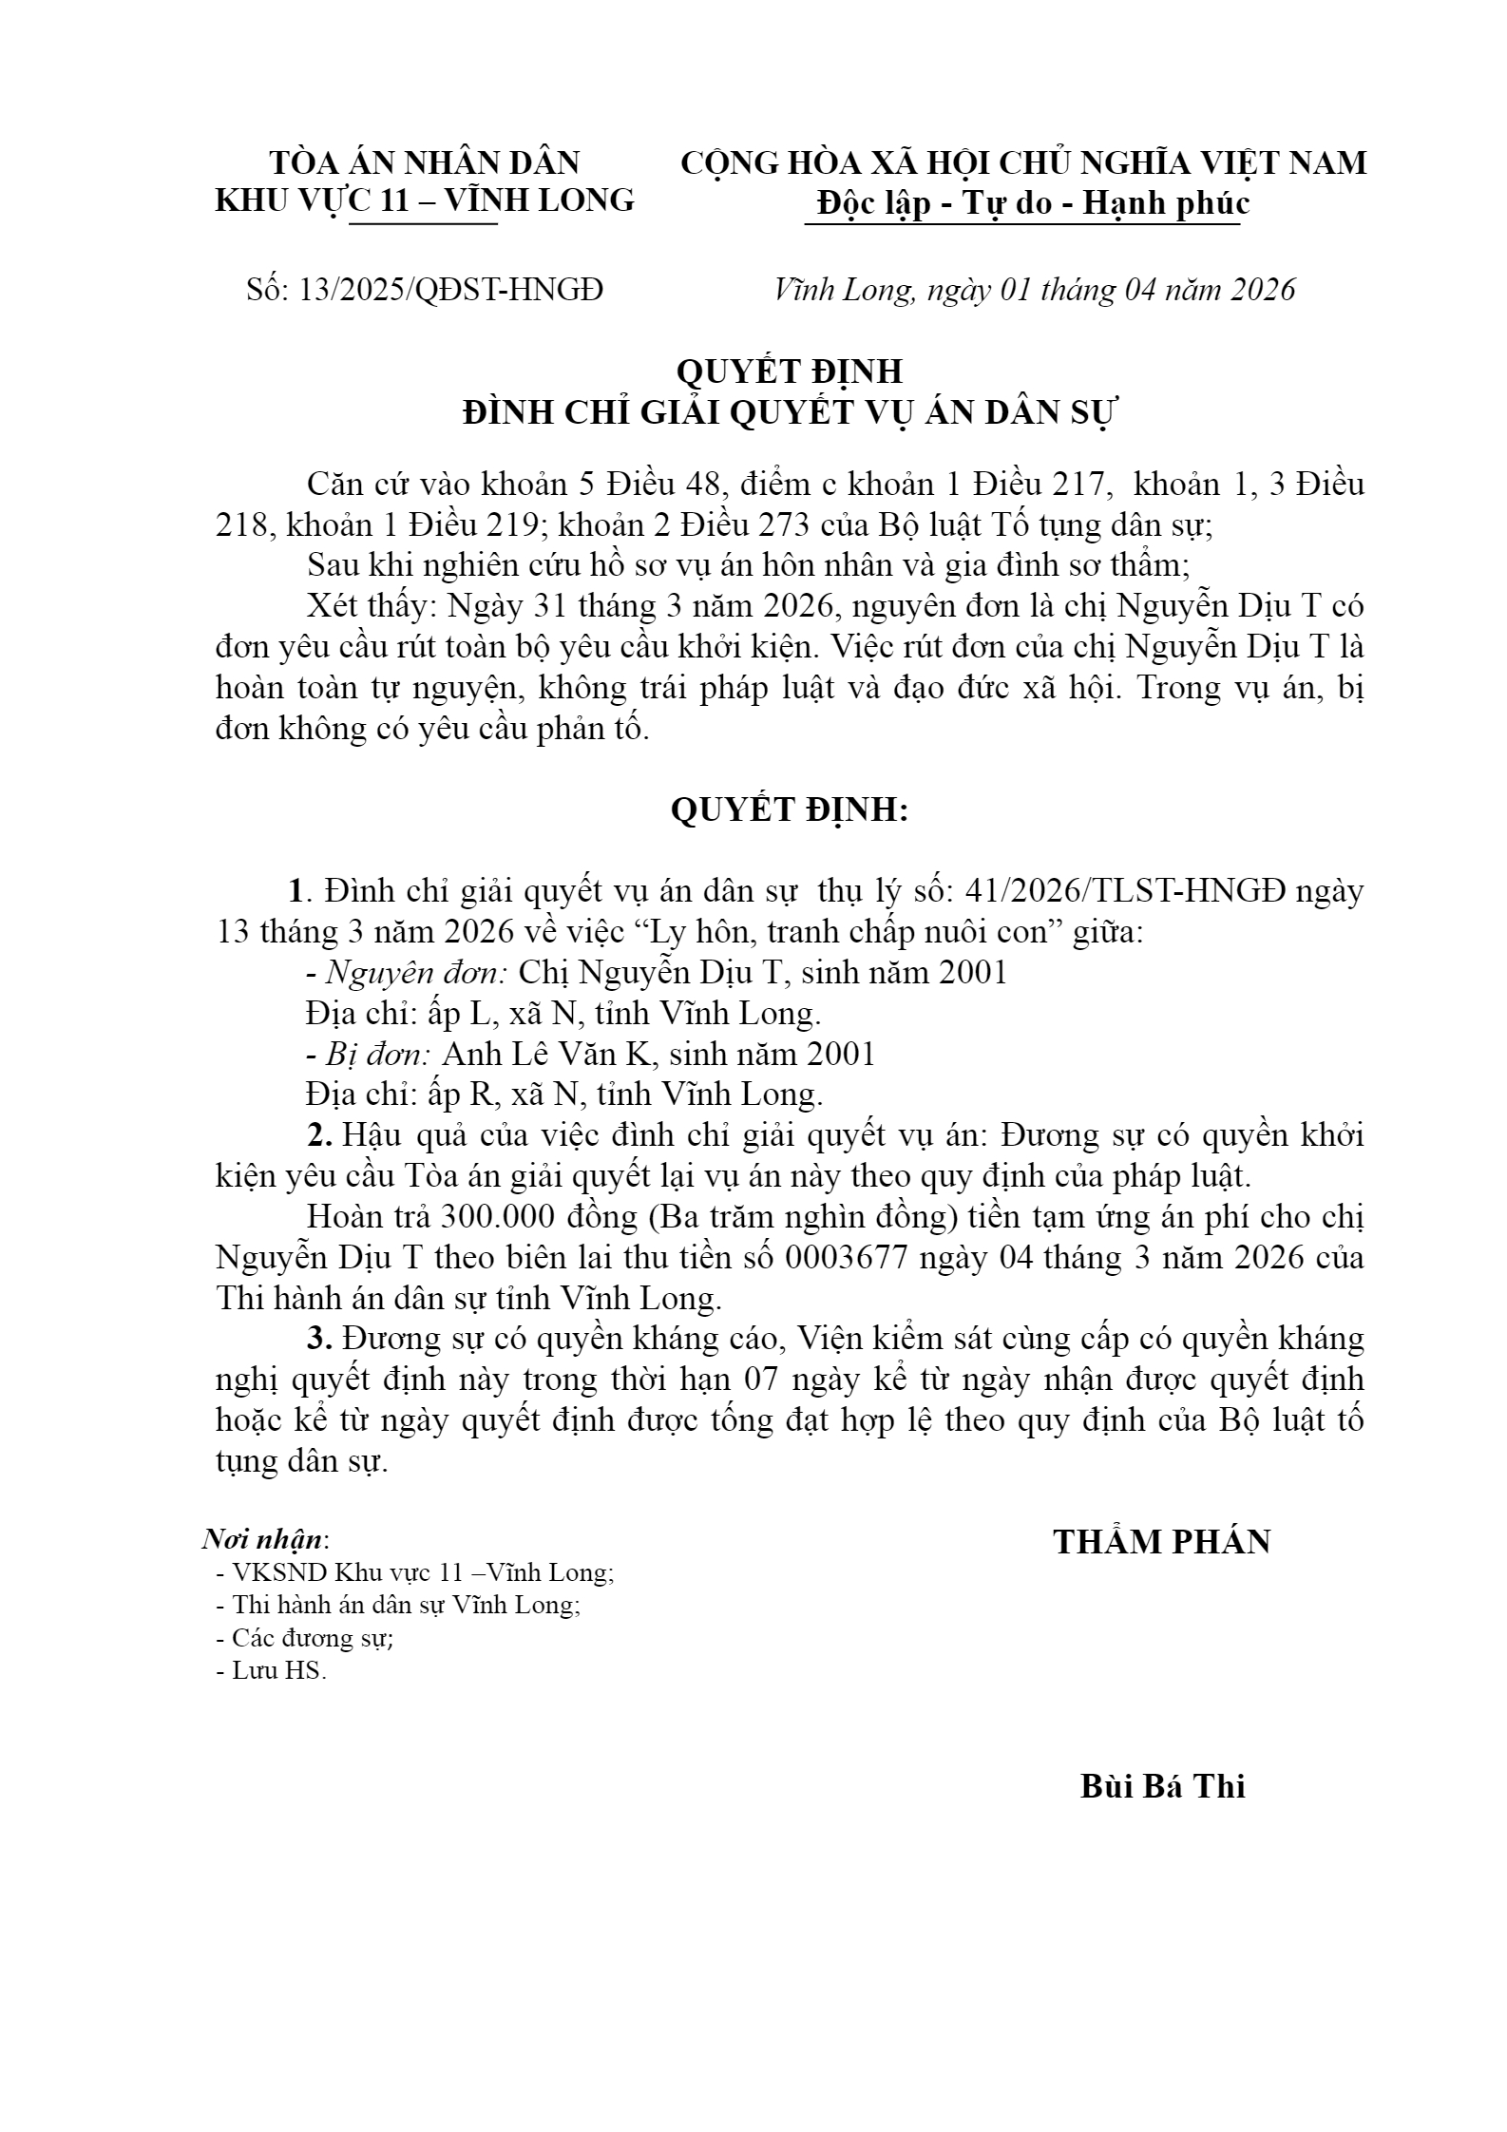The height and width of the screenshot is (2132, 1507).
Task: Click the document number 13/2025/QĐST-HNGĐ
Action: (x=450, y=290)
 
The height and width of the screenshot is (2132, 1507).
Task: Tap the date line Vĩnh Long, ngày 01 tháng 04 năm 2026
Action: (x=1035, y=290)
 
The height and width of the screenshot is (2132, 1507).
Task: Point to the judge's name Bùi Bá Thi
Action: (x=1162, y=1786)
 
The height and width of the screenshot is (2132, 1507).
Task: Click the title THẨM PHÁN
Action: (x=1161, y=1542)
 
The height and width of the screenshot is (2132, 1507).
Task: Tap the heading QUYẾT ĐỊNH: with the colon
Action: (x=790, y=809)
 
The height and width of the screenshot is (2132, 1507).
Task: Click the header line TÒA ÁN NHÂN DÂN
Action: (x=425, y=162)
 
